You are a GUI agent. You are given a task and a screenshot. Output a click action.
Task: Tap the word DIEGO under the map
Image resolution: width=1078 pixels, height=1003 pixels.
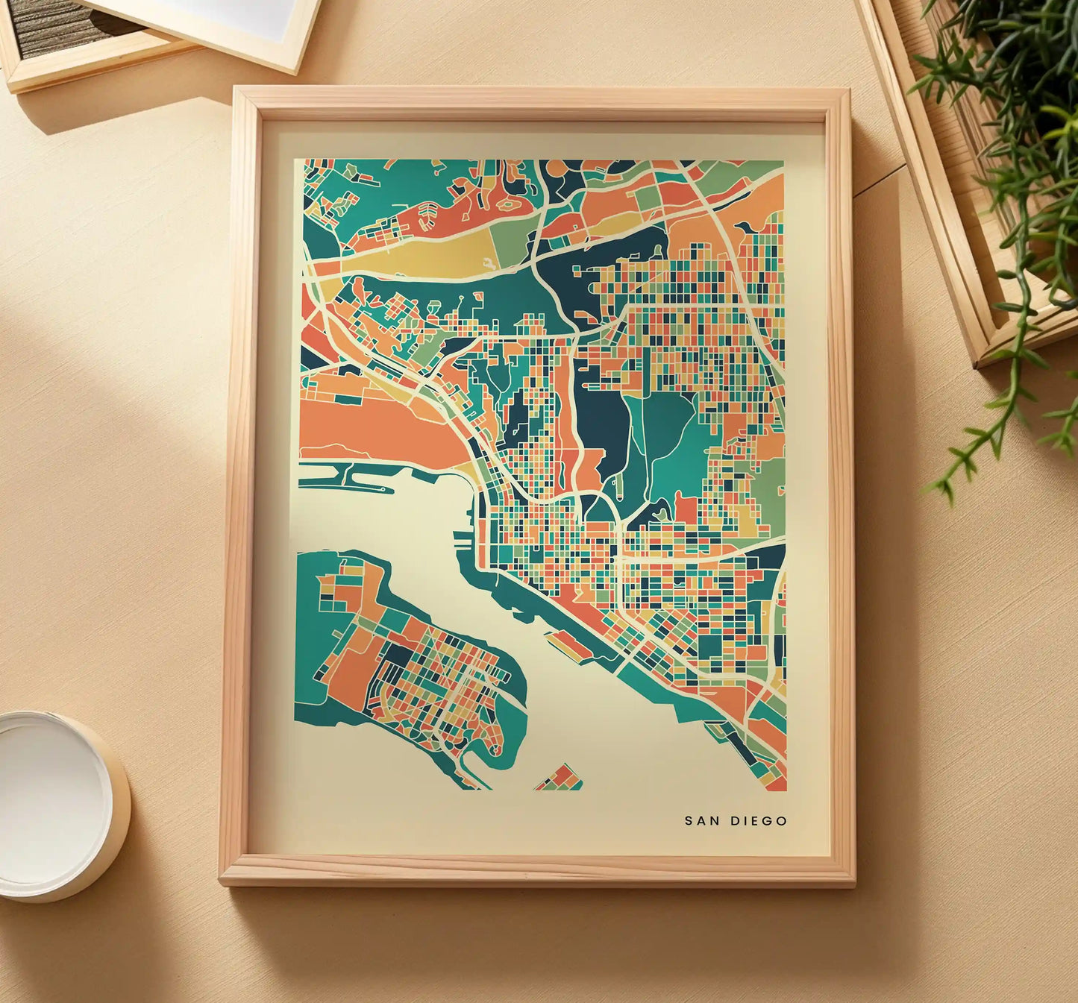758,821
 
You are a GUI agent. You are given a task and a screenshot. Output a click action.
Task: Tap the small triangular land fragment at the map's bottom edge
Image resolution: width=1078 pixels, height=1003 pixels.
560,779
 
